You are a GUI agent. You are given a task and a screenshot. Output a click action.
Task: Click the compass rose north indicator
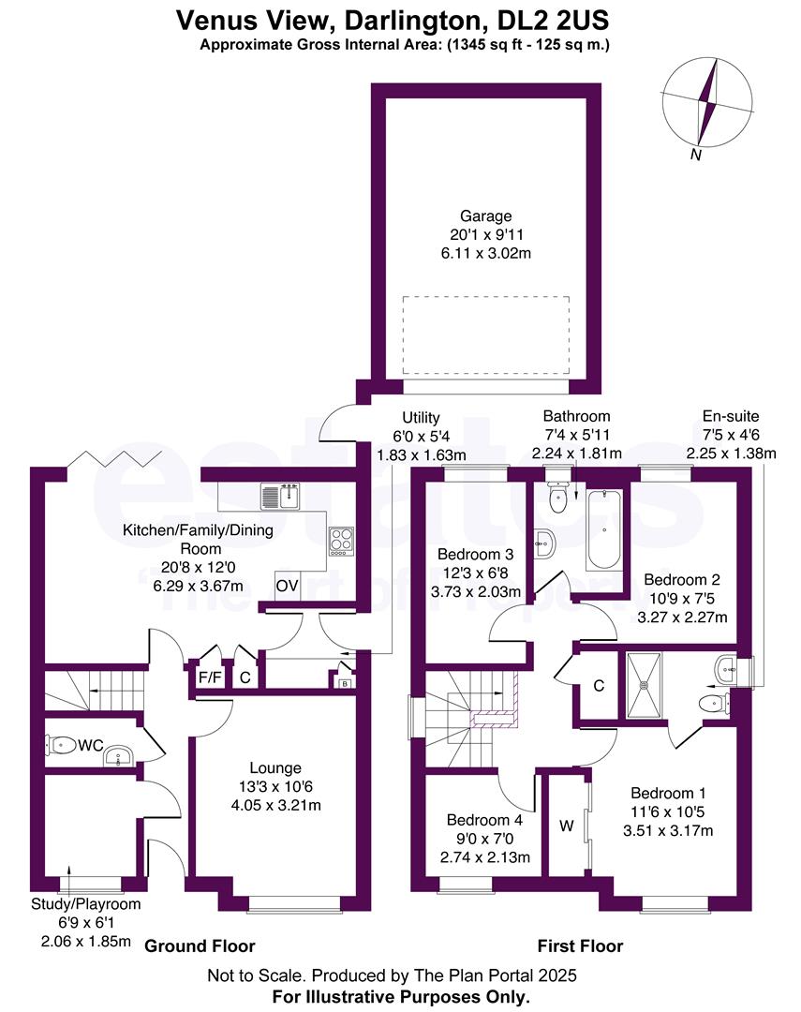point(707,103)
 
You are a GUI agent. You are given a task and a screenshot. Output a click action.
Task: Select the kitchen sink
point(280,494)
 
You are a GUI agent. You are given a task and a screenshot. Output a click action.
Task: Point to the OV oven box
point(286,587)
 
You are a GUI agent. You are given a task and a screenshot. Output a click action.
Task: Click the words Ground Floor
point(200,945)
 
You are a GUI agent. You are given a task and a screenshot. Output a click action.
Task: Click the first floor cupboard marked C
point(598,686)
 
